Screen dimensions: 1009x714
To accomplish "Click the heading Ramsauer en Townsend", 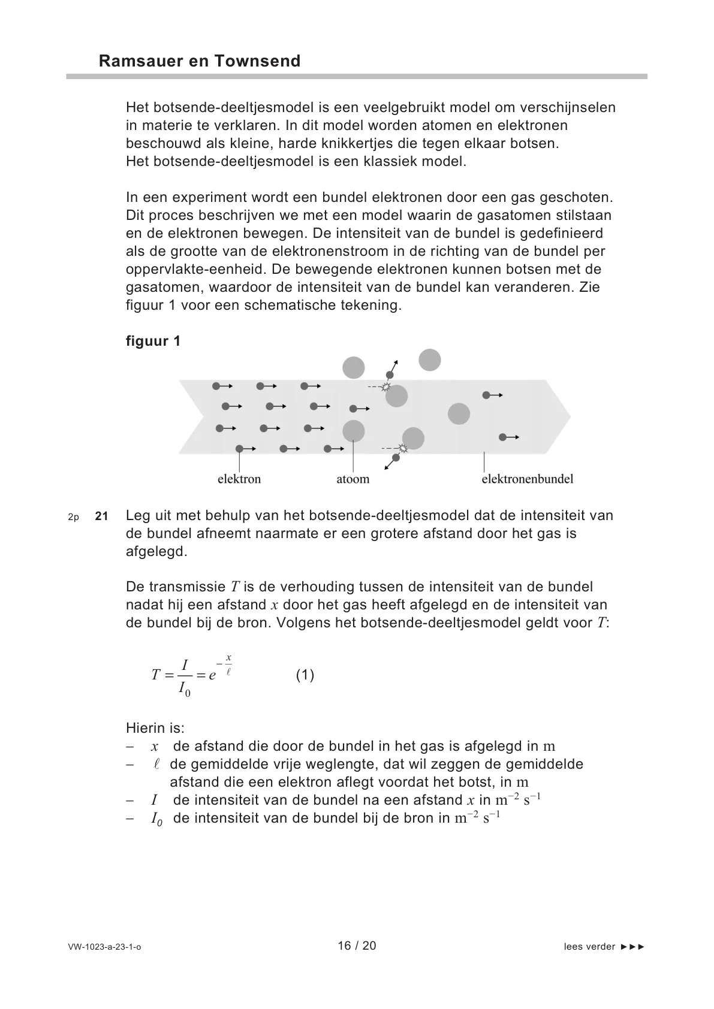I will click(x=199, y=61).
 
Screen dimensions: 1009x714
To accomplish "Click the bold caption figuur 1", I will click(x=153, y=342).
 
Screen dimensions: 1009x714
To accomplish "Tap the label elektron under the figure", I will click(x=239, y=479).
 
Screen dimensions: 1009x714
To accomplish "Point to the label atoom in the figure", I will click(x=353, y=479).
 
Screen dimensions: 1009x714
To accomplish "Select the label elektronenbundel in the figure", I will click(x=528, y=479).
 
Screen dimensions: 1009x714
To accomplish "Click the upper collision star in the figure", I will click(x=386, y=387).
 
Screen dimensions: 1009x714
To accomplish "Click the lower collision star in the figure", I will click(x=403, y=448).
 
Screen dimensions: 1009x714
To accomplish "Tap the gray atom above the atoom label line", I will click(x=354, y=431).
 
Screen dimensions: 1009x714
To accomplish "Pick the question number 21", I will click(x=102, y=516).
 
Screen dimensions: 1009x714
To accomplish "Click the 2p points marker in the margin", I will click(x=74, y=516).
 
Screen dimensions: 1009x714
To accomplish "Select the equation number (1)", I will click(x=305, y=675).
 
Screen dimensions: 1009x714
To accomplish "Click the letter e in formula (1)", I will click(x=212, y=676).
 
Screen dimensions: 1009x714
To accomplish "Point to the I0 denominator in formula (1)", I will click(x=185, y=690).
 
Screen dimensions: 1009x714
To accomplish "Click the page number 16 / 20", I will click(x=357, y=946).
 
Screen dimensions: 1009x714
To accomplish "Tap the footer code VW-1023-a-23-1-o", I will click(x=105, y=947).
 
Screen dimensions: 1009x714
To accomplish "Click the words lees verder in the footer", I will click(x=589, y=947).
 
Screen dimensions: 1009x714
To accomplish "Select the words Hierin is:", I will click(x=155, y=729).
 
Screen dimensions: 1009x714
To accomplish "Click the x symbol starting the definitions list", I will click(x=155, y=747).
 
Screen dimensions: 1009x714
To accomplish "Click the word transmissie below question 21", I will click(x=188, y=587).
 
